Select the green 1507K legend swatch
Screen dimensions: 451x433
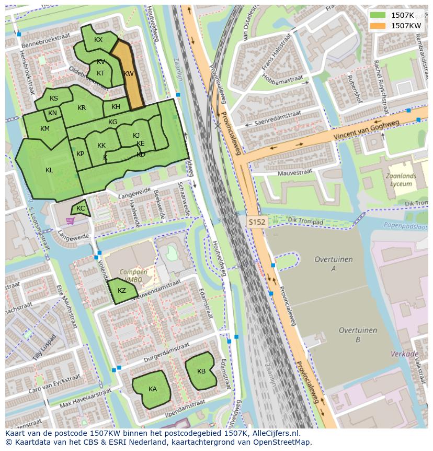pyautogui.click(x=377, y=15)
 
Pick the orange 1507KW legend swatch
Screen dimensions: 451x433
pyautogui.click(x=377, y=25)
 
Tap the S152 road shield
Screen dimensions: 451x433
pyautogui.click(x=257, y=222)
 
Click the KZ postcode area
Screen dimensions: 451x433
pyautogui.click(x=122, y=291)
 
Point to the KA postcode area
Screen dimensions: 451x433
pyautogui.click(x=152, y=389)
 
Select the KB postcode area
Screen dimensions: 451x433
pyautogui.click(x=201, y=371)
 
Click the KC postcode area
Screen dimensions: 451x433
pyautogui.click(x=81, y=208)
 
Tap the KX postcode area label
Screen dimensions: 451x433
pyautogui.click(x=98, y=40)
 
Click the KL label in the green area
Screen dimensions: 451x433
pyautogui.click(x=49, y=170)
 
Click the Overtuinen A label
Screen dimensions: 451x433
pyautogui.click(x=334, y=264)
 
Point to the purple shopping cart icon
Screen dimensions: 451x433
pyautogui.click(x=70, y=221)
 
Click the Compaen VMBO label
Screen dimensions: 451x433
pyautogui.click(x=133, y=277)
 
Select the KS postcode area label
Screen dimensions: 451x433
pyautogui.click(x=54, y=98)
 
